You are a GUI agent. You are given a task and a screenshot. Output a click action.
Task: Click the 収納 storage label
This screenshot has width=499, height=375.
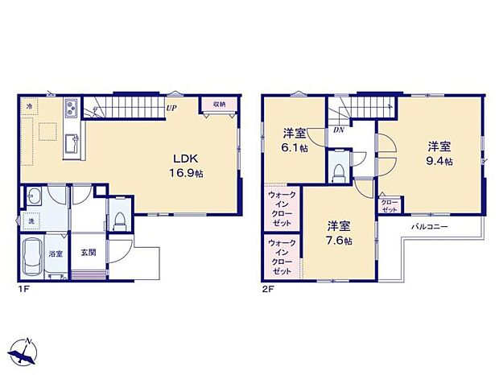click(220, 105)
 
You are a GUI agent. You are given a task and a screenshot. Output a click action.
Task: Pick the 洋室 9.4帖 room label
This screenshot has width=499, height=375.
click(439, 153)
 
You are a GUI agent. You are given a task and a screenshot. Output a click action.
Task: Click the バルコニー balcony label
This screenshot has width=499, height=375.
click(430, 228)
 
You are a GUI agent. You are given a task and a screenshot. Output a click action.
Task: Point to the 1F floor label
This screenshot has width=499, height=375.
click(24, 289)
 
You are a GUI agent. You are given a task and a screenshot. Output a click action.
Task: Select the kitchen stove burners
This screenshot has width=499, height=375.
click(68, 106)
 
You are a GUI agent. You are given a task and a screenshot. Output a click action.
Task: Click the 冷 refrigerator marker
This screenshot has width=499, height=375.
click(28, 105)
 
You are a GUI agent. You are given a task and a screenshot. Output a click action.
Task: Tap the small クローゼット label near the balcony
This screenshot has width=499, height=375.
click(390, 206)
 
